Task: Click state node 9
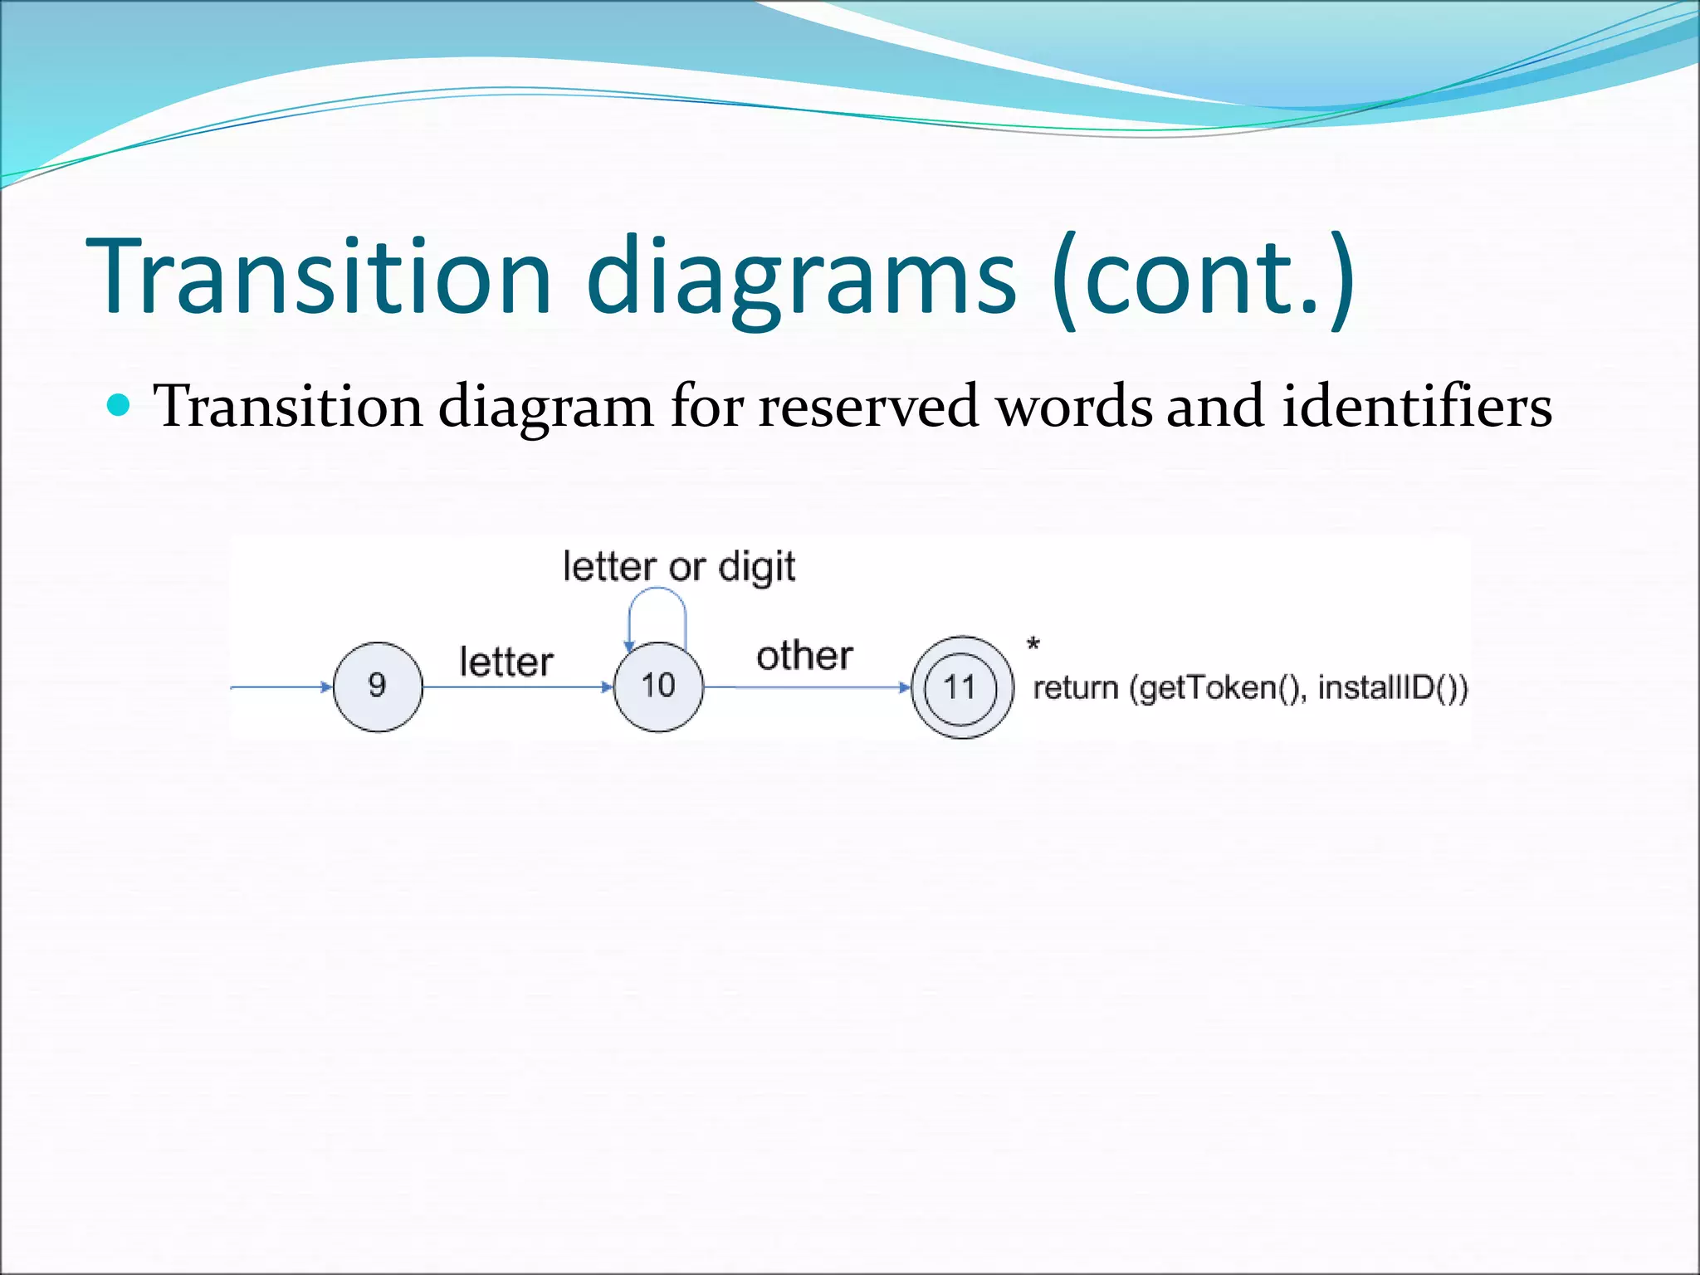[x=378, y=686]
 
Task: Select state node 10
[x=658, y=686]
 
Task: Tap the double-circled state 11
[x=961, y=687]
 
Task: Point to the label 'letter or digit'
[x=678, y=567]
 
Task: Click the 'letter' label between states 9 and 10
[x=506, y=662]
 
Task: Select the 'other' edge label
[x=804, y=656]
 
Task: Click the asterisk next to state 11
[x=1033, y=644]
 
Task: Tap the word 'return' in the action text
[x=1075, y=688]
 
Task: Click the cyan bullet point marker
[x=120, y=405]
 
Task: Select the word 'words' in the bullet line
[x=1074, y=407]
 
